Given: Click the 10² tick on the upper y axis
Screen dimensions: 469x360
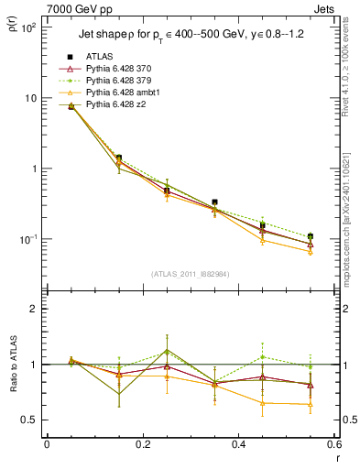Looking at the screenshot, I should coord(29,27).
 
